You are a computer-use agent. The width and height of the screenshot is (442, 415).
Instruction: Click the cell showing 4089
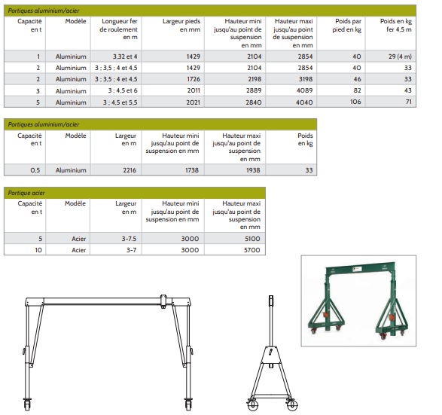point(304,90)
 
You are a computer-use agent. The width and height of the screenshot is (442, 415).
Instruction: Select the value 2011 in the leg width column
point(194,90)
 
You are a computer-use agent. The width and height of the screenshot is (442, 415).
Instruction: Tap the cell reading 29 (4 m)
point(400,56)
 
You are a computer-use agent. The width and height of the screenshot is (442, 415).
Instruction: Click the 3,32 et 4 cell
point(125,56)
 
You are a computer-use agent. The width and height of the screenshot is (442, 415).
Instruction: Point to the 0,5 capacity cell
point(35,170)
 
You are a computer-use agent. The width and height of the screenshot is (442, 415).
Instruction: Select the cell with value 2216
point(130,170)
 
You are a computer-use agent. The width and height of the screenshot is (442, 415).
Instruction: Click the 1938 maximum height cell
point(253,170)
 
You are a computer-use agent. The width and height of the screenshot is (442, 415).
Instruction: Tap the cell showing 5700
point(252,250)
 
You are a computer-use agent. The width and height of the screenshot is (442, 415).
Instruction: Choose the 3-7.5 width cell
point(129,239)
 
